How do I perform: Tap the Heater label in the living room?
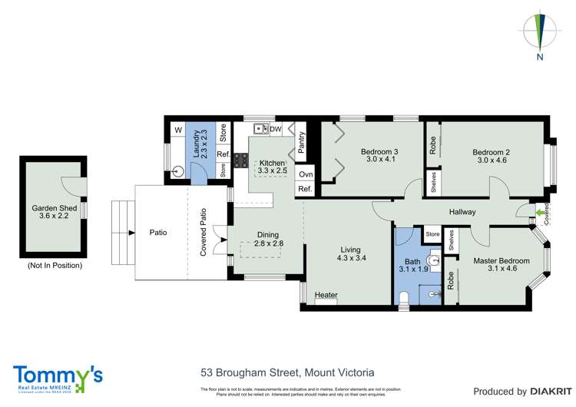(326, 295)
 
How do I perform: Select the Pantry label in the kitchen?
(302, 144)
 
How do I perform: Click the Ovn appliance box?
(305, 174)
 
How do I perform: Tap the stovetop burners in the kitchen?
(240, 160)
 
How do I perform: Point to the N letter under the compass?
(541, 57)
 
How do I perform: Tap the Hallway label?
(463, 212)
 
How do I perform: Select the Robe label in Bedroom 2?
(433, 146)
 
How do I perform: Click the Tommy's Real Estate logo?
(58, 377)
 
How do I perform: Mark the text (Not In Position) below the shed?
(55, 265)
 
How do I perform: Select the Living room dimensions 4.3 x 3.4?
(350, 259)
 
